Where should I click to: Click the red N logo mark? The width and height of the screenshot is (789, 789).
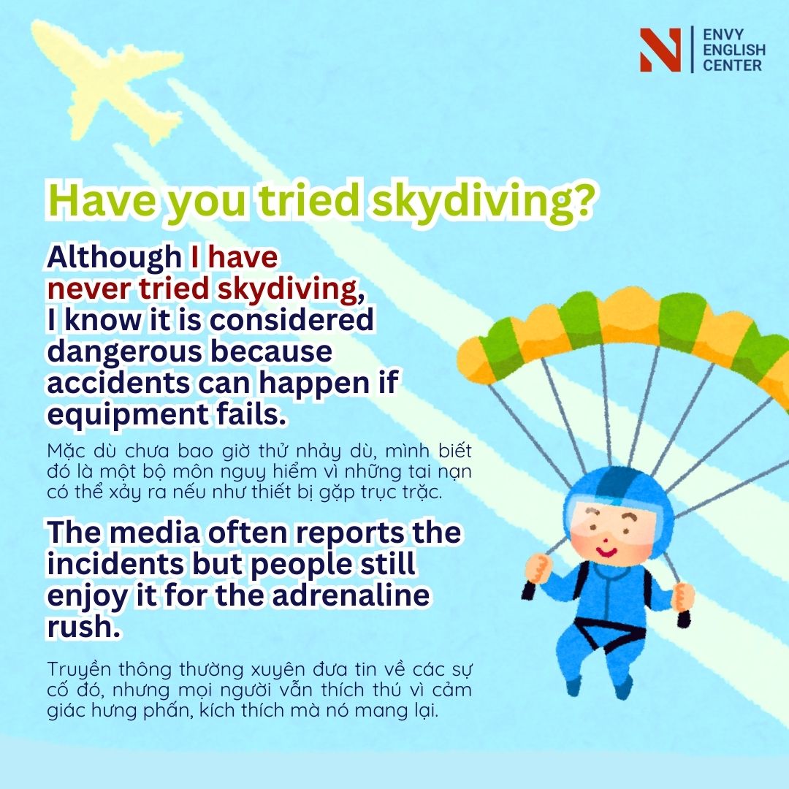coord(660,50)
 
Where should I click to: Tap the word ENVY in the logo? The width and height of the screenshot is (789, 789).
coord(723,35)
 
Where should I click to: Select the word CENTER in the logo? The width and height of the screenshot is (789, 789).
coord(732,66)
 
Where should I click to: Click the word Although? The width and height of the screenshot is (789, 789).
coord(114,258)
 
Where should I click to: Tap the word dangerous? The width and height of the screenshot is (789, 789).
coord(126,352)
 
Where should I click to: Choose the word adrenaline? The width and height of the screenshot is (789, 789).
coord(351,595)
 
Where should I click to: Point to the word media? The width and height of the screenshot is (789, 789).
coord(154,533)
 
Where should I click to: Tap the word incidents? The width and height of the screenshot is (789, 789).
coord(115,564)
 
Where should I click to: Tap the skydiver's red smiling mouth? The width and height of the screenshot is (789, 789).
coord(607,551)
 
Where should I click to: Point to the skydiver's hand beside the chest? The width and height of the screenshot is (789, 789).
coord(538,568)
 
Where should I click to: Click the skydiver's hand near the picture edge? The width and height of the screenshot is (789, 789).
coord(682,597)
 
